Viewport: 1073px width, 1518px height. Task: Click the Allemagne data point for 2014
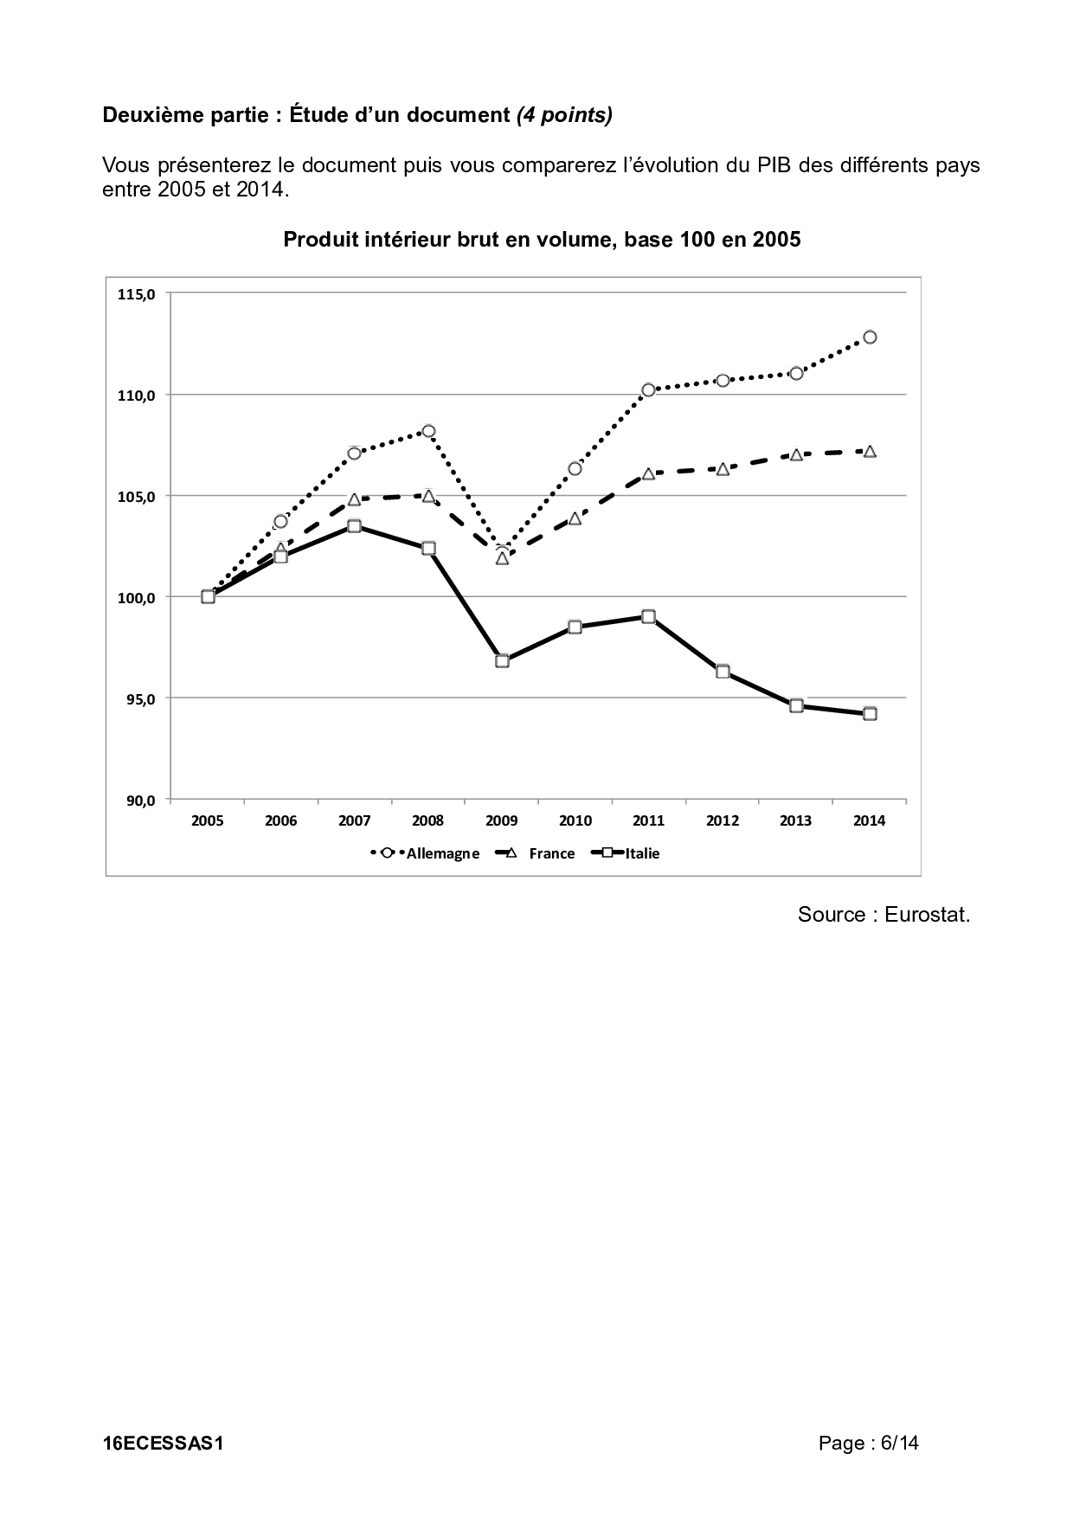(870, 337)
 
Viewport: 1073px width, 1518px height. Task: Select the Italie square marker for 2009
(502, 661)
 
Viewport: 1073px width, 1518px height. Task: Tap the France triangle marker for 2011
(648, 474)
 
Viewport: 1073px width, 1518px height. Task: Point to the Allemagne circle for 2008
(427, 431)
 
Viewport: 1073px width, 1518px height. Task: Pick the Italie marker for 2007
(354, 526)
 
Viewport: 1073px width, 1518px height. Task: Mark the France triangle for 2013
(796, 454)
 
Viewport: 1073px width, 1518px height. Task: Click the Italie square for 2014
(870, 714)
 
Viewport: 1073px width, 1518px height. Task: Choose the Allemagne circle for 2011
(648, 389)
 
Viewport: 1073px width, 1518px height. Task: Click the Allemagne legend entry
(425, 853)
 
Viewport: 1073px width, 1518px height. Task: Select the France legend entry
(535, 853)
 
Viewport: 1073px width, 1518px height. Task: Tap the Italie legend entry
(626, 853)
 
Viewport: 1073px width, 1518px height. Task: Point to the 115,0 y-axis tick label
(136, 294)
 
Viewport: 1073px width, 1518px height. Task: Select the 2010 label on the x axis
(575, 821)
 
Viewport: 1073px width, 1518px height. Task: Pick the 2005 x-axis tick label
(208, 821)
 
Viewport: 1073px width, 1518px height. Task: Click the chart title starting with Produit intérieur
(542, 240)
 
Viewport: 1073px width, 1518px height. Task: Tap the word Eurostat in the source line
(927, 915)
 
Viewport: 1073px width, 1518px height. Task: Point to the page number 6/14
(899, 1443)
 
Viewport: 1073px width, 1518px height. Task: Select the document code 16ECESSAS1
(163, 1444)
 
